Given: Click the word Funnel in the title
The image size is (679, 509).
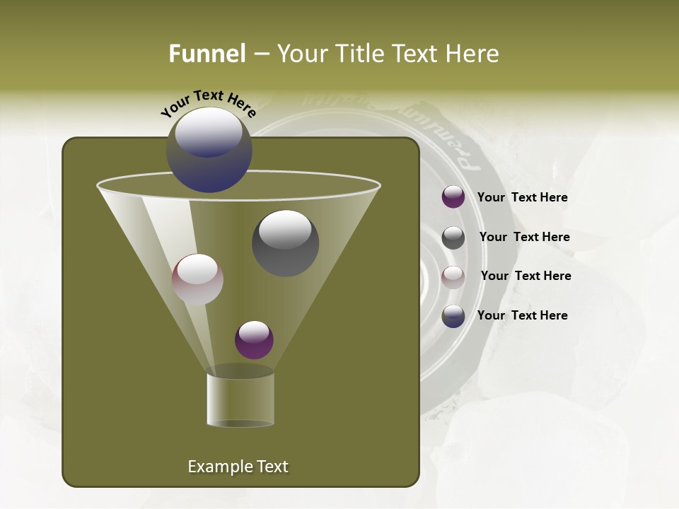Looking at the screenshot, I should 207,54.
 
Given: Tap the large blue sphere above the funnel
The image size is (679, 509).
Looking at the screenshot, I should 209,150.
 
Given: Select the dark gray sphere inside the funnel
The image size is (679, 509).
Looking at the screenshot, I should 286,242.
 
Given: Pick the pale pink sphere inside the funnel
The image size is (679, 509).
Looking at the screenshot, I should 197,279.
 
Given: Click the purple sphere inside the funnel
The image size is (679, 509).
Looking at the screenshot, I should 254,339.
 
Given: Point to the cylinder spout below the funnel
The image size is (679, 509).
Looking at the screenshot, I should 240,399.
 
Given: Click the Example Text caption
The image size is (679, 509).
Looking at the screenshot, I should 238,467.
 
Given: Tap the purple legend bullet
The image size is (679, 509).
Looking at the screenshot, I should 453,197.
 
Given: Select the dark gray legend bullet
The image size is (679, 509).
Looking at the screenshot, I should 453,238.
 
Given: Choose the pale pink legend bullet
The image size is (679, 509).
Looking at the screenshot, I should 453,277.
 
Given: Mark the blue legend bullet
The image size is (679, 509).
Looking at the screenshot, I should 453,316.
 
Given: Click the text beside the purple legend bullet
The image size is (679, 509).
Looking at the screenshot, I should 522,197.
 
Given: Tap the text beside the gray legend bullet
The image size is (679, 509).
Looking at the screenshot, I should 524,237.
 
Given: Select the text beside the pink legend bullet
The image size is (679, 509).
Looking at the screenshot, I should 526,276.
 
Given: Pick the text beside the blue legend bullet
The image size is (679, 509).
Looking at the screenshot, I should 522,315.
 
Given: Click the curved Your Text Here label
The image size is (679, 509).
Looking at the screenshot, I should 209,103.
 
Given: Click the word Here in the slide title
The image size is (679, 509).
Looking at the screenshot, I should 473,54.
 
